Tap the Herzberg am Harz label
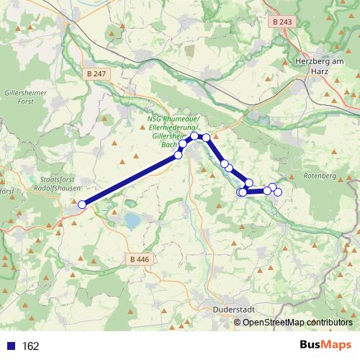pyautogui.click(x=320, y=66)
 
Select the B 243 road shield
pyautogui.click(x=283, y=22)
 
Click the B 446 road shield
pyautogui.click(x=141, y=258)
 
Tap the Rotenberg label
pyautogui.click(x=320, y=176)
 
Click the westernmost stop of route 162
pyautogui.click(x=82, y=204)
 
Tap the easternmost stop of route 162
pyautogui.click(x=278, y=191)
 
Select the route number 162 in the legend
pyautogui.click(x=30, y=346)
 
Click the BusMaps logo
pyautogui.click(x=325, y=345)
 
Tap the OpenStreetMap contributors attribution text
pyautogui.click(x=297, y=323)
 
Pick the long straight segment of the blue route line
pyautogui.click(x=130, y=179)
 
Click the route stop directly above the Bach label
pyautogui.click(x=183, y=144)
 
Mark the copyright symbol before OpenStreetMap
pyautogui.click(x=238, y=323)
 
